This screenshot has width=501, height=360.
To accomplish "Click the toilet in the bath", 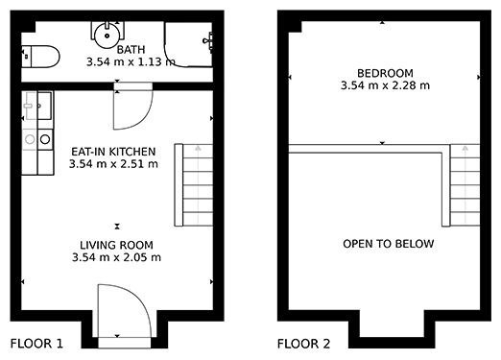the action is click(x=40, y=57).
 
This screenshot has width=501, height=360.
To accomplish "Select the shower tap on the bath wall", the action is click(x=207, y=41).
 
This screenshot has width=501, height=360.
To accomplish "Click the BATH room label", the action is click(x=131, y=50).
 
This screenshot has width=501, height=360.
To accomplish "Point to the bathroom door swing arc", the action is click(x=146, y=117).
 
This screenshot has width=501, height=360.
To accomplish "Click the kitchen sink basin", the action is click(x=44, y=106).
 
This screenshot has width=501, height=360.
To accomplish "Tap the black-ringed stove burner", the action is click(x=45, y=139).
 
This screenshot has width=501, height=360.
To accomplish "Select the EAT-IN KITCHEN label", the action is click(x=113, y=152).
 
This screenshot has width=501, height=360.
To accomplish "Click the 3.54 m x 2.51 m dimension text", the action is click(x=113, y=164).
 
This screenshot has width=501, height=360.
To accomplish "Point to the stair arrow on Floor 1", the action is click(x=198, y=185).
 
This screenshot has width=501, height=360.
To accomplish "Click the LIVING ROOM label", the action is click(x=116, y=245).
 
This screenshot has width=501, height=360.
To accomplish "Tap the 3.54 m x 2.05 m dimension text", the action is click(x=116, y=257).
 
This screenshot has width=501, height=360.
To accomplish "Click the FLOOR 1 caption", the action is click(x=36, y=344).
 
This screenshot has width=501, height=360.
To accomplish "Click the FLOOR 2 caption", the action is click(x=303, y=344).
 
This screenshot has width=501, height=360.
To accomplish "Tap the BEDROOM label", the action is click(x=385, y=73).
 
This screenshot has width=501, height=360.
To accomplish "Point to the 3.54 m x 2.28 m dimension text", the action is click(x=385, y=85).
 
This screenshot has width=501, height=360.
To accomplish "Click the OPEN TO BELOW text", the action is click(x=389, y=244).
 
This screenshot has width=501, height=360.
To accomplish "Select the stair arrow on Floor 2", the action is click(x=465, y=185).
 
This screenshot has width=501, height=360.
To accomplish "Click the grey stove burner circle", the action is click(x=30, y=139).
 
